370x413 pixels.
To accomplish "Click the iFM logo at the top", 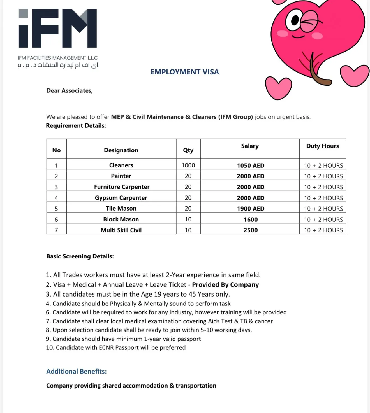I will point(58,28).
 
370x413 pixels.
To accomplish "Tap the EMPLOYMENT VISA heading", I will point(184,72).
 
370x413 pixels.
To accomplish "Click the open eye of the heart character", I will point(294,20).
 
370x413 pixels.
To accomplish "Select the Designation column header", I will point(121,150).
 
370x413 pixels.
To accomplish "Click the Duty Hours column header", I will point(322,146).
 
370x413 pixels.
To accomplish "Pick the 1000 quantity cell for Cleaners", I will point(188,165).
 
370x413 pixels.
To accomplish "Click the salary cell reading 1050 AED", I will point(250,165).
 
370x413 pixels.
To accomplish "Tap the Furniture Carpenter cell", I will point(122,187).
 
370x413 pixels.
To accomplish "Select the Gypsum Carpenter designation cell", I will point(121,198).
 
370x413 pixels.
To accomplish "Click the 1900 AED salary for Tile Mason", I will point(250,209).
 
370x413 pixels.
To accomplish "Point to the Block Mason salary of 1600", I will point(250,220).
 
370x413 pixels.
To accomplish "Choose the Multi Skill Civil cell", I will point(121,230).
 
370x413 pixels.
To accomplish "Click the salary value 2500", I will point(250,230).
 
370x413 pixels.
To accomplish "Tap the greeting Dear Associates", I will point(69,90).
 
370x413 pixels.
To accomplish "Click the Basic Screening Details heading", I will point(80,256).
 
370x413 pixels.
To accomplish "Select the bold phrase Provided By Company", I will point(225,284).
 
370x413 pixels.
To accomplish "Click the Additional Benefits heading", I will point(76,371).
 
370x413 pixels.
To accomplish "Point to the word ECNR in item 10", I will point(106,347).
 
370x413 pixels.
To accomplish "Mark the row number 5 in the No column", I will point(56,209).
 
